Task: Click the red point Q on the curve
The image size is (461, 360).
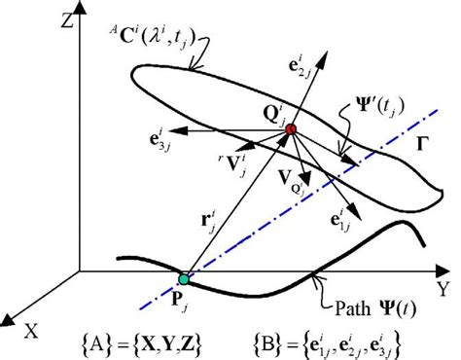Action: coord(290,129)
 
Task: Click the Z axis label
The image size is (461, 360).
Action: coord(39,20)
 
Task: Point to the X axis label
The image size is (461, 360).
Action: coord(32,329)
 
